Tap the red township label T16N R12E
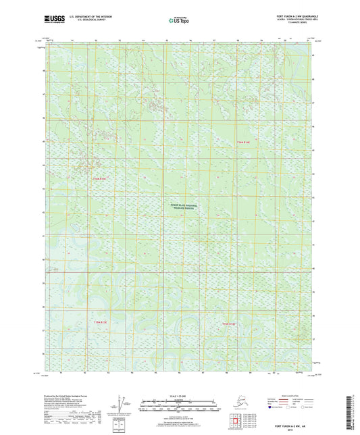point(99,178)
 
